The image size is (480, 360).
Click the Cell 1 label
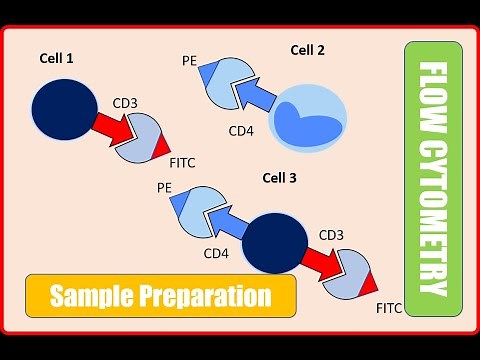point(56,59)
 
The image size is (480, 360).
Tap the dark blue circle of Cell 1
point(65,110)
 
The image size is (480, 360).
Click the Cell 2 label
point(308,50)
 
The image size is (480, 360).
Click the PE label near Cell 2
point(189,60)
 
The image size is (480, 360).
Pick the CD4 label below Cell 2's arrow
point(241,130)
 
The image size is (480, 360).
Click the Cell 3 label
point(279,178)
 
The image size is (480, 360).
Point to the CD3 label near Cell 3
point(331,235)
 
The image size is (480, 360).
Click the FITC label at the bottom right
point(389,309)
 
